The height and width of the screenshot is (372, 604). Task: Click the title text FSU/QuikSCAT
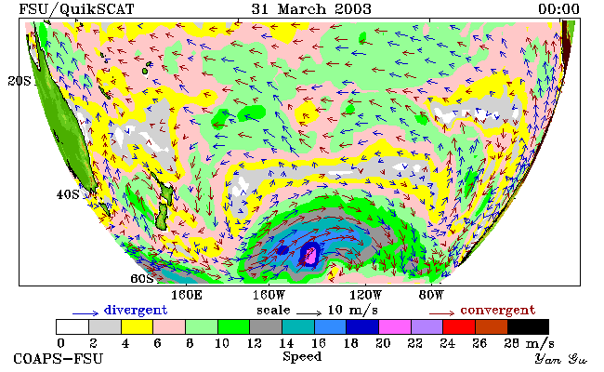pyautogui.click(x=76, y=9)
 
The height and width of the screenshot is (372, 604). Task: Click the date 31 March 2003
pyautogui.click(x=311, y=9)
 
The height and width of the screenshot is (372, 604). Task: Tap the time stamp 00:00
pyautogui.click(x=558, y=9)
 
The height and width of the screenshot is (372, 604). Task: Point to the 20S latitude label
pyautogui.click(x=20, y=81)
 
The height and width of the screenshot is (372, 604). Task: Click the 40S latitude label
pyautogui.click(x=68, y=194)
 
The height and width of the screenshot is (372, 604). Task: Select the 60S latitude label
pyautogui.click(x=142, y=278)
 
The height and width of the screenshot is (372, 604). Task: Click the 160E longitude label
pyautogui.click(x=187, y=296)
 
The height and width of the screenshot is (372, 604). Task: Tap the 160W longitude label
pyautogui.click(x=269, y=296)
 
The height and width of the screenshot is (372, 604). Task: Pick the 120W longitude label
pyautogui.click(x=365, y=296)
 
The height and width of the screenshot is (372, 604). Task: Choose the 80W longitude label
pyautogui.click(x=431, y=296)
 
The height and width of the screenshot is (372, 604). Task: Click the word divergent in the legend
pyautogui.click(x=136, y=310)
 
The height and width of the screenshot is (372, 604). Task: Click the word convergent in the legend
pyautogui.click(x=498, y=310)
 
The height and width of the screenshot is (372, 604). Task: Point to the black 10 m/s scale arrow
pyautogui.click(x=309, y=313)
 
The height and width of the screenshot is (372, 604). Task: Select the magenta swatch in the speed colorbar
pyautogui.click(x=395, y=327)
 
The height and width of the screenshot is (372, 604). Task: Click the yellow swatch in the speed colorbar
pyautogui.click(x=138, y=327)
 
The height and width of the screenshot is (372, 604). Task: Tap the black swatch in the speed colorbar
pyautogui.click(x=528, y=327)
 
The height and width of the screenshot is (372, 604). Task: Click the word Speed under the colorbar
pyautogui.click(x=302, y=356)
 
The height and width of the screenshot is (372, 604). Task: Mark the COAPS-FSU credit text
pyautogui.click(x=59, y=358)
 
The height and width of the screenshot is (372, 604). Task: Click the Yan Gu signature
pyautogui.click(x=560, y=359)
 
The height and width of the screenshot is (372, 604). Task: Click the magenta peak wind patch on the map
pyautogui.click(x=310, y=256)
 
